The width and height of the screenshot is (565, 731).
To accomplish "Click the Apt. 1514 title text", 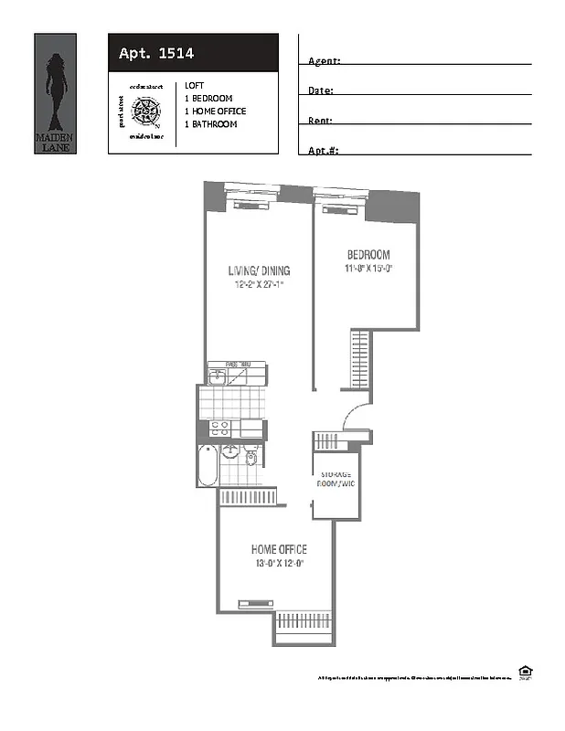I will click(155, 54).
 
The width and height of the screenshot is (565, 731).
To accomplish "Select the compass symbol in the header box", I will click(145, 111).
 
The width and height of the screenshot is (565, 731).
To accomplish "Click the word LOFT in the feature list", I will click(194, 85).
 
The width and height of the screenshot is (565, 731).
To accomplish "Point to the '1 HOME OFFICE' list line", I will click(215, 111).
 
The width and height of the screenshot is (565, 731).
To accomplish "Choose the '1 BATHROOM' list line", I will click(210, 124).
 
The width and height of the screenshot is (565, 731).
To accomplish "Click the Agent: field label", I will click(324, 60).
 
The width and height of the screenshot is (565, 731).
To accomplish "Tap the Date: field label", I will click(320, 90).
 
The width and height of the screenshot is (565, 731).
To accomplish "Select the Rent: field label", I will click(320, 121).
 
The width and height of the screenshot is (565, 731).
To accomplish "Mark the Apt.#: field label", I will click(323, 151).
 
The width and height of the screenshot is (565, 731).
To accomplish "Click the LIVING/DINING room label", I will click(259, 270).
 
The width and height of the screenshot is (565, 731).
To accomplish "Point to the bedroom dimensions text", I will click(368, 269).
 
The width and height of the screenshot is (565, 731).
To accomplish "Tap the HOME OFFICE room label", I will click(279, 549).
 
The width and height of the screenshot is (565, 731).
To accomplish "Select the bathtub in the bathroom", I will click(208, 466).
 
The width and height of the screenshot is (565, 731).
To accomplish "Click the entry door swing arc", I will click(355, 417).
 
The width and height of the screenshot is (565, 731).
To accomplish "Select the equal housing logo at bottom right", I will click(525, 672).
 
